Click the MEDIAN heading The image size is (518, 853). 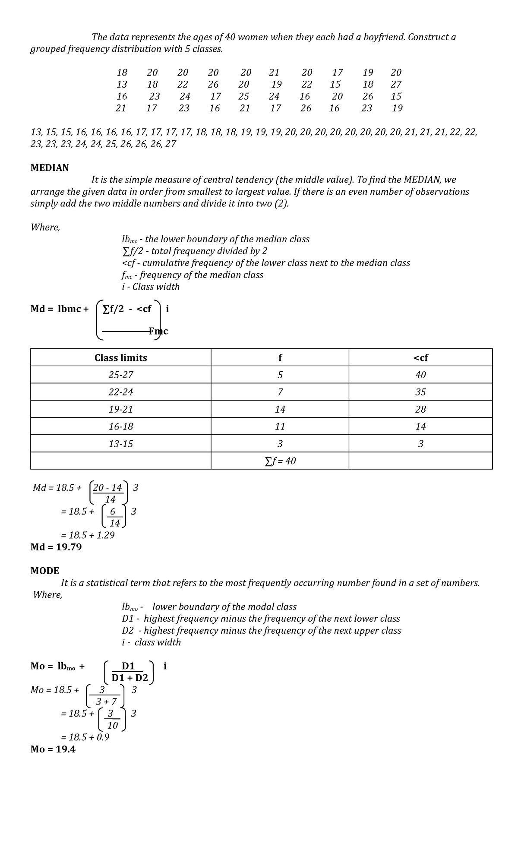pos(49,168)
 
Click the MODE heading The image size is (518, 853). pos(44,571)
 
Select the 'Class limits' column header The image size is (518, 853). pos(120,358)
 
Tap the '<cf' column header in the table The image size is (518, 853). pos(420,358)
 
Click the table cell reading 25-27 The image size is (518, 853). pos(120,375)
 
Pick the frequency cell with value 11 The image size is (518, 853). pos(280,426)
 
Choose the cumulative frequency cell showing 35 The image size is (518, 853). pos(420,392)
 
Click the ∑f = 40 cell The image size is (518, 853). pos(280,461)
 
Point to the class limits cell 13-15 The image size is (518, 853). pos(120,444)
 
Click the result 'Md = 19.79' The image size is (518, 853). pos(56,547)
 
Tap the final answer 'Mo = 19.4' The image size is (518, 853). pos(53,749)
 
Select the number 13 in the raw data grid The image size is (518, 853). pos(122,85)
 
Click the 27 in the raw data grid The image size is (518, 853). pos(396,85)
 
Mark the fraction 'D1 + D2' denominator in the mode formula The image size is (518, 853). pos(129,678)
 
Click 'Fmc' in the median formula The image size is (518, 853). pos(158,332)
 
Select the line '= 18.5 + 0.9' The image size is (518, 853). pos(85,737)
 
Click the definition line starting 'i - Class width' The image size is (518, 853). pos(151,287)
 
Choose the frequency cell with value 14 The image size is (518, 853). pos(280,409)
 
